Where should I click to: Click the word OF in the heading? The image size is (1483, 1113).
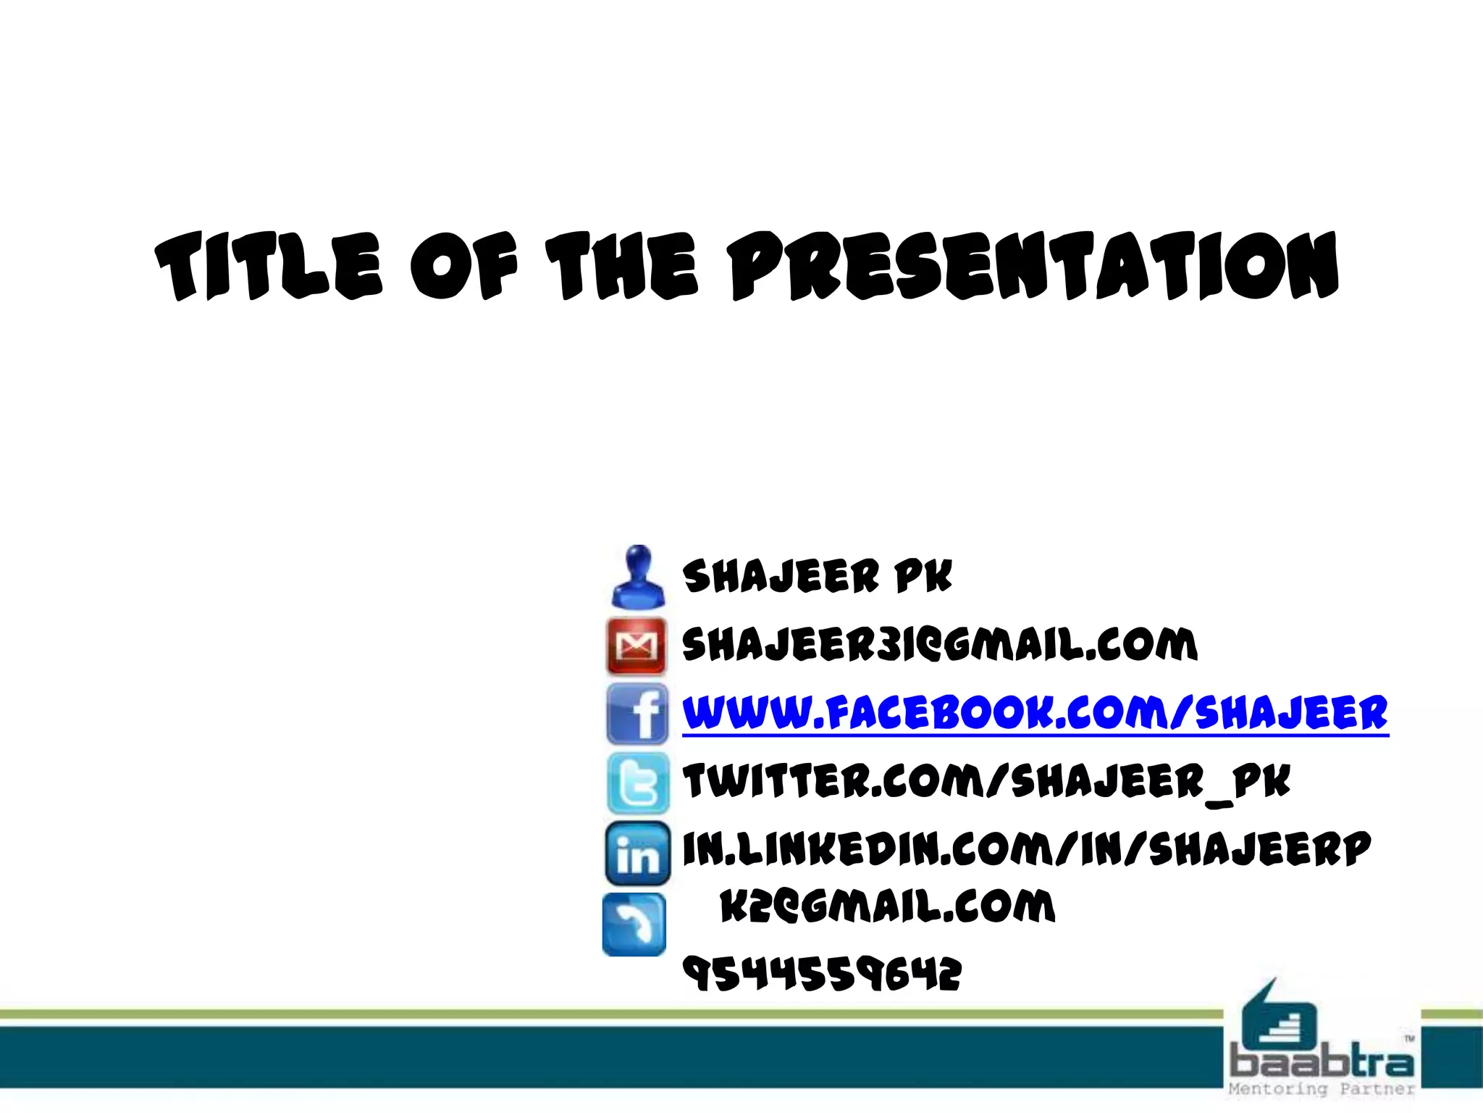pos(464,267)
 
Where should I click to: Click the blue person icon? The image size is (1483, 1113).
pos(637,578)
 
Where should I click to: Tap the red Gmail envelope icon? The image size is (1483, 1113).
pos(637,645)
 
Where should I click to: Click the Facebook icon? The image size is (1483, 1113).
pos(637,714)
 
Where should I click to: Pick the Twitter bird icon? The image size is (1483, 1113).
pos(638,783)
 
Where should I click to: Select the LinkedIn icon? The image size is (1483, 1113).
pos(637,854)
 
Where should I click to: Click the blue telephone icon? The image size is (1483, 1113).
pos(634,925)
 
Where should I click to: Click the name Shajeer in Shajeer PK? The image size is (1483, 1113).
pos(781,577)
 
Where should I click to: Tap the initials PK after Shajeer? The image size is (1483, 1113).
pos(923,577)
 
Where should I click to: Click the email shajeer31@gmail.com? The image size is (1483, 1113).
pos(939,644)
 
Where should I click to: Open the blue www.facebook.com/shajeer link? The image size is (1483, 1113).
pos(1035,713)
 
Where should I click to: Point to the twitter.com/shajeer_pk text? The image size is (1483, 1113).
pos(986,782)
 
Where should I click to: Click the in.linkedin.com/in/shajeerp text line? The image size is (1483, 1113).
pos(1026,849)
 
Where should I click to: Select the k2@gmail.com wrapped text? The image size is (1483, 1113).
pos(887,906)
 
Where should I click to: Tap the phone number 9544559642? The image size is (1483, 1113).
pos(822,973)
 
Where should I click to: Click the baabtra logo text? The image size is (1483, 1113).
pos(1322,1063)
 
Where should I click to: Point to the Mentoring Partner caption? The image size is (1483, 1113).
pos(1322,1089)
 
